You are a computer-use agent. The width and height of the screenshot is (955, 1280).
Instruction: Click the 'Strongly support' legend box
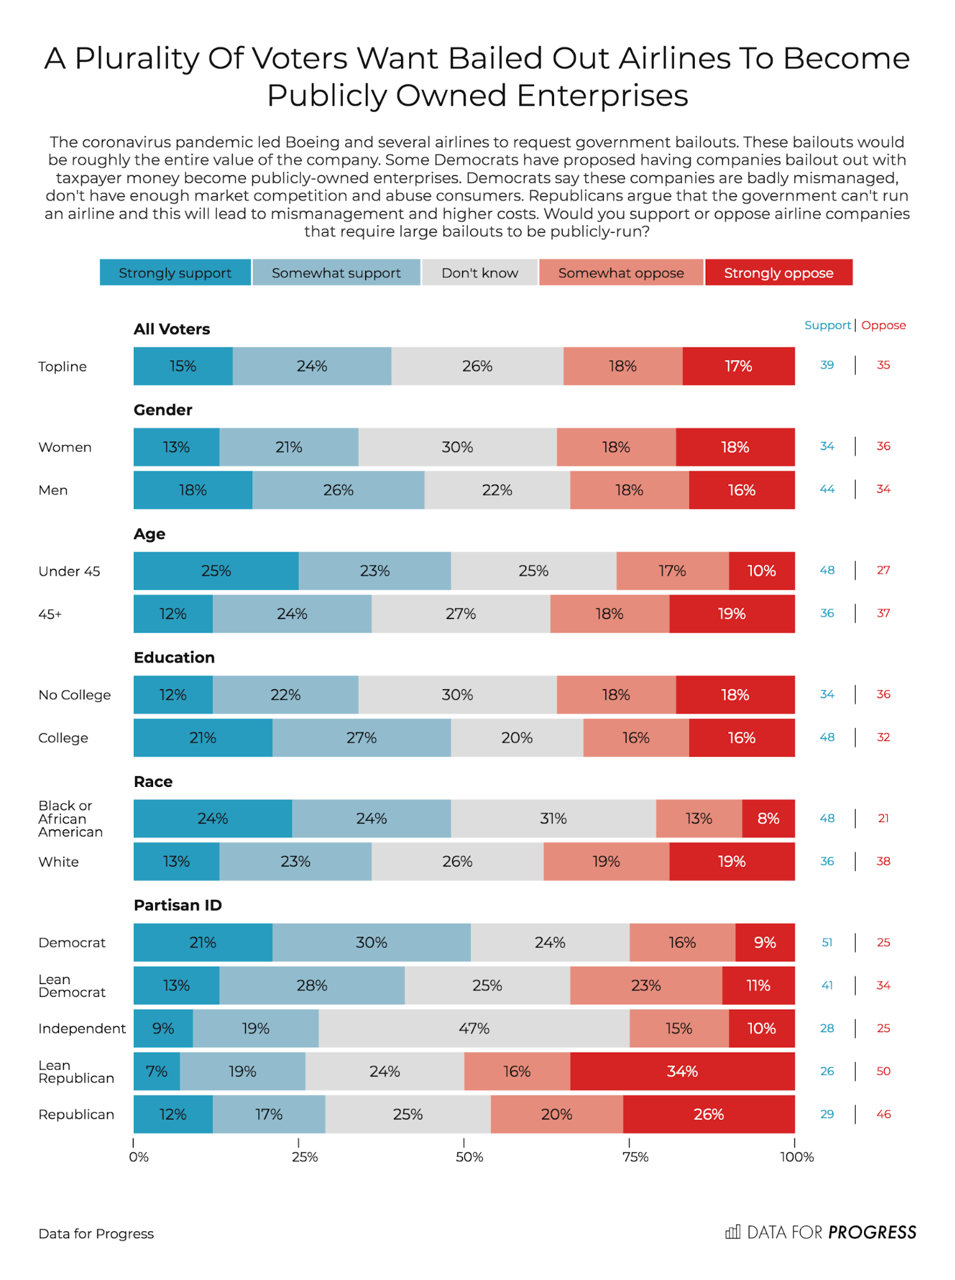click(x=175, y=273)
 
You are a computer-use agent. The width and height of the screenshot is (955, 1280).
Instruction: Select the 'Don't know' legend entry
click(x=480, y=273)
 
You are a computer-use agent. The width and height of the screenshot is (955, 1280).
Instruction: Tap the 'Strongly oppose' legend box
click(x=778, y=273)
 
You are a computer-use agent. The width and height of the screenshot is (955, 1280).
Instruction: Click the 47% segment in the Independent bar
click(x=474, y=1028)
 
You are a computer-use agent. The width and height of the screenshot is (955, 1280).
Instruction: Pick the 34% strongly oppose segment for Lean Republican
click(x=682, y=1071)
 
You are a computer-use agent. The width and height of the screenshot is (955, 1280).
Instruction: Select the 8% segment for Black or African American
click(x=768, y=818)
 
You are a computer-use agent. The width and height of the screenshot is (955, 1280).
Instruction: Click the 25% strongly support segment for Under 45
click(x=216, y=571)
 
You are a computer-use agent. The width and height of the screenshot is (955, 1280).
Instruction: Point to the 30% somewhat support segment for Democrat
click(x=371, y=943)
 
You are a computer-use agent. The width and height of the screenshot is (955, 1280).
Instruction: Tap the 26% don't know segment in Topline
click(x=477, y=366)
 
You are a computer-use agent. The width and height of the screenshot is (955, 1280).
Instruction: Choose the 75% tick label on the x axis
click(x=635, y=1157)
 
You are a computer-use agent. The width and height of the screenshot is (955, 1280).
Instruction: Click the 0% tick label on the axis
click(x=138, y=1157)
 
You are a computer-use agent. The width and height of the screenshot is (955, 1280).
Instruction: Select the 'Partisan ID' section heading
click(x=177, y=905)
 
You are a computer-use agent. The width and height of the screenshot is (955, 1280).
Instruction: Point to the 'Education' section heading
click(x=174, y=658)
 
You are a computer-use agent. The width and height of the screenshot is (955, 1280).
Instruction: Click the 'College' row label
click(x=63, y=738)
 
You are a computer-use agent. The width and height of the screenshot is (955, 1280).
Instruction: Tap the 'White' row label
click(x=58, y=862)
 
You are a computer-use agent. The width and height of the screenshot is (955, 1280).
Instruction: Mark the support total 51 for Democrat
click(x=827, y=943)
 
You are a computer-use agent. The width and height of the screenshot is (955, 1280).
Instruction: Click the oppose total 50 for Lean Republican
click(x=883, y=1071)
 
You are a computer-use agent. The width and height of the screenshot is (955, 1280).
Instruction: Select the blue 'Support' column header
click(x=827, y=325)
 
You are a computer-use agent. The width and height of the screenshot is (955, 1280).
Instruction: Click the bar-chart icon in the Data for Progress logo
click(x=733, y=1232)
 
